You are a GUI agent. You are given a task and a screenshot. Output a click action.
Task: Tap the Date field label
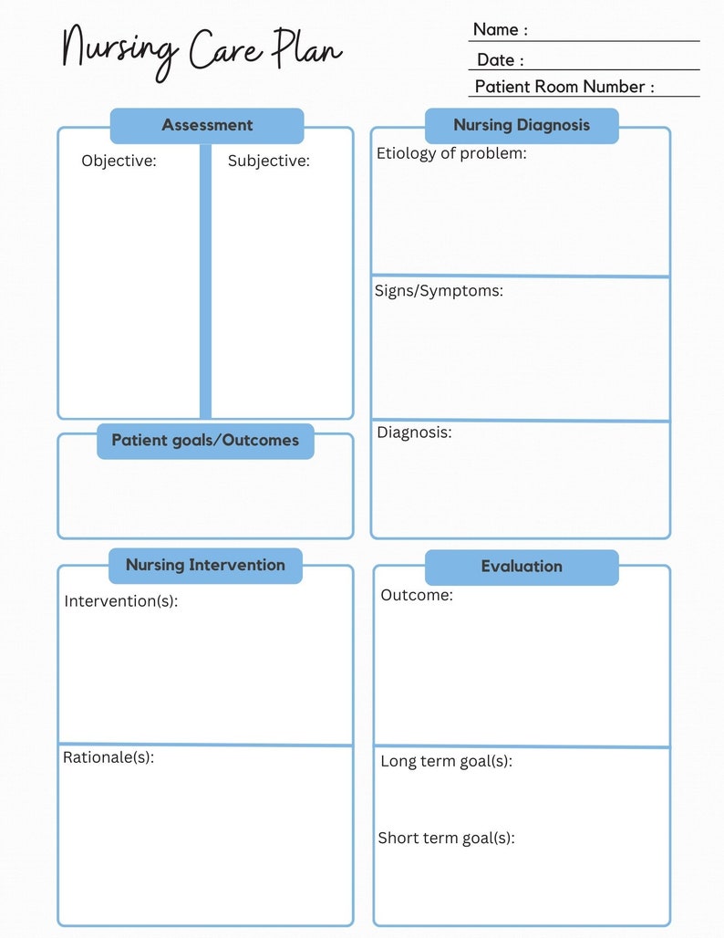click(x=500, y=60)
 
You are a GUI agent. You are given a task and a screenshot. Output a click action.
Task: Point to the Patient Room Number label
click(x=564, y=88)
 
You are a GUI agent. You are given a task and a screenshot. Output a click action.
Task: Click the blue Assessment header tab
click(x=207, y=126)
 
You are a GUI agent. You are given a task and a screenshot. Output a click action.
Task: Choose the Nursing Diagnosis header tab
click(x=522, y=126)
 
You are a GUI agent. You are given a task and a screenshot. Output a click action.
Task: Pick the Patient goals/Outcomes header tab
click(x=205, y=441)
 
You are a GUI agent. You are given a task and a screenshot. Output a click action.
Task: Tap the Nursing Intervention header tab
click(x=205, y=566)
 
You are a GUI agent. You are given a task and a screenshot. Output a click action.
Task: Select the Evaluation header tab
click(x=522, y=568)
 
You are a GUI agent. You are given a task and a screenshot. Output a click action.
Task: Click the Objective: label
click(x=119, y=162)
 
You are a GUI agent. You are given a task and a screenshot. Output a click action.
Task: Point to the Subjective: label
click(x=269, y=162)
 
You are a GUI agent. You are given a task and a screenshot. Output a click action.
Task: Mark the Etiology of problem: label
click(x=451, y=153)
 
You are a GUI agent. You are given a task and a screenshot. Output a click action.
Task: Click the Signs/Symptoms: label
click(x=439, y=292)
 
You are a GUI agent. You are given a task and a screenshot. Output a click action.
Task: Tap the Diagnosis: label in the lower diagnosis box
click(x=414, y=433)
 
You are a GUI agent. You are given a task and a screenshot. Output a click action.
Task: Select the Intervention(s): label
click(x=120, y=602)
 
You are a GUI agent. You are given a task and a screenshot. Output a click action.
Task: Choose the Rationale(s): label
click(x=109, y=757)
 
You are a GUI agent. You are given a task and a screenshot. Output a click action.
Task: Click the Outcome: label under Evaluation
click(x=416, y=596)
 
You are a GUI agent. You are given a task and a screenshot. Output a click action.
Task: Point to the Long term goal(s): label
click(x=446, y=761)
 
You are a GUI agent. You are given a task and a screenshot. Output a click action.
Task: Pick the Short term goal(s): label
click(x=446, y=838)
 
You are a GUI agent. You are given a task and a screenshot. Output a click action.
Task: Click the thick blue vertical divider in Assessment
click(x=205, y=283)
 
